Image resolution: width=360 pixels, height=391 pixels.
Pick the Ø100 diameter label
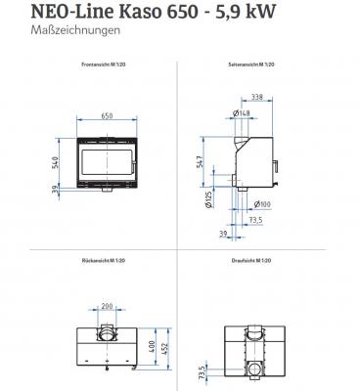(264, 202)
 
